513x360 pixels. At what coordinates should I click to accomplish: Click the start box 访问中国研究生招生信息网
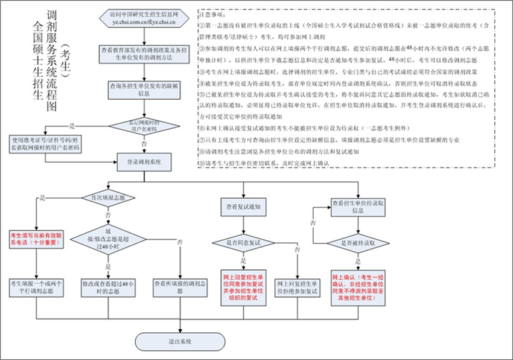[x=144, y=19]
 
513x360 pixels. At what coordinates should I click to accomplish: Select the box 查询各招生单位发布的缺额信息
[x=144, y=90]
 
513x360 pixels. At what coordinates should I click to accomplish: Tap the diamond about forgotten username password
[x=144, y=125]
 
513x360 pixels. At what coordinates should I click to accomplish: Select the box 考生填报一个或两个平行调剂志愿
[x=37, y=287]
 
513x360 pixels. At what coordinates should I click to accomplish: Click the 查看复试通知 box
[x=243, y=207]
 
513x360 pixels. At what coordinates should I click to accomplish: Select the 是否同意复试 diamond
[x=243, y=243]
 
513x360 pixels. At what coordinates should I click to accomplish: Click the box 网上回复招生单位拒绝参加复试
[x=297, y=287]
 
